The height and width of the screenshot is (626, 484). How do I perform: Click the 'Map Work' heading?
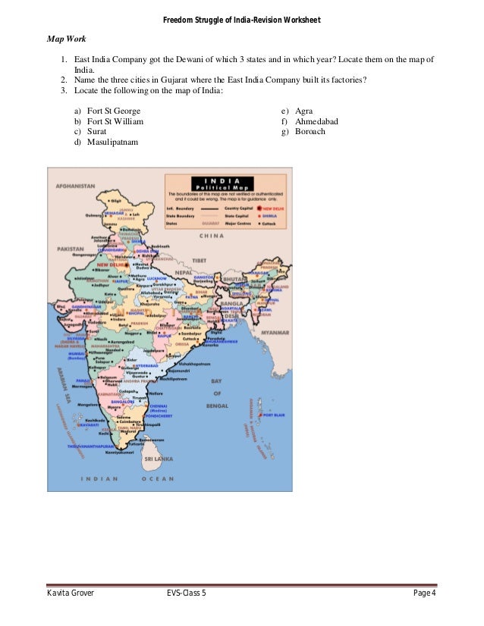(67, 37)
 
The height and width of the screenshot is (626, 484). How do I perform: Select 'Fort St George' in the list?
(113, 111)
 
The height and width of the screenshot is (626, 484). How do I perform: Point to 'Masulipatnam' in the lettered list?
(112, 142)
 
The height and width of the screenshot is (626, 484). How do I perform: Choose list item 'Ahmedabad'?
(316, 121)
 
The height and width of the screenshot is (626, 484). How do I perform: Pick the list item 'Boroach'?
(310, 132)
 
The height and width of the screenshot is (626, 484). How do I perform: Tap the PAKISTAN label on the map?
(70, 249)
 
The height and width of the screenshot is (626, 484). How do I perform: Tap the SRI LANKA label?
(160, 459)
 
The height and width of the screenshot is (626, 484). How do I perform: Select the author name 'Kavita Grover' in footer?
(71, 593)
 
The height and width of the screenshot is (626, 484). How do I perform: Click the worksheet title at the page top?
(241, 18)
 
